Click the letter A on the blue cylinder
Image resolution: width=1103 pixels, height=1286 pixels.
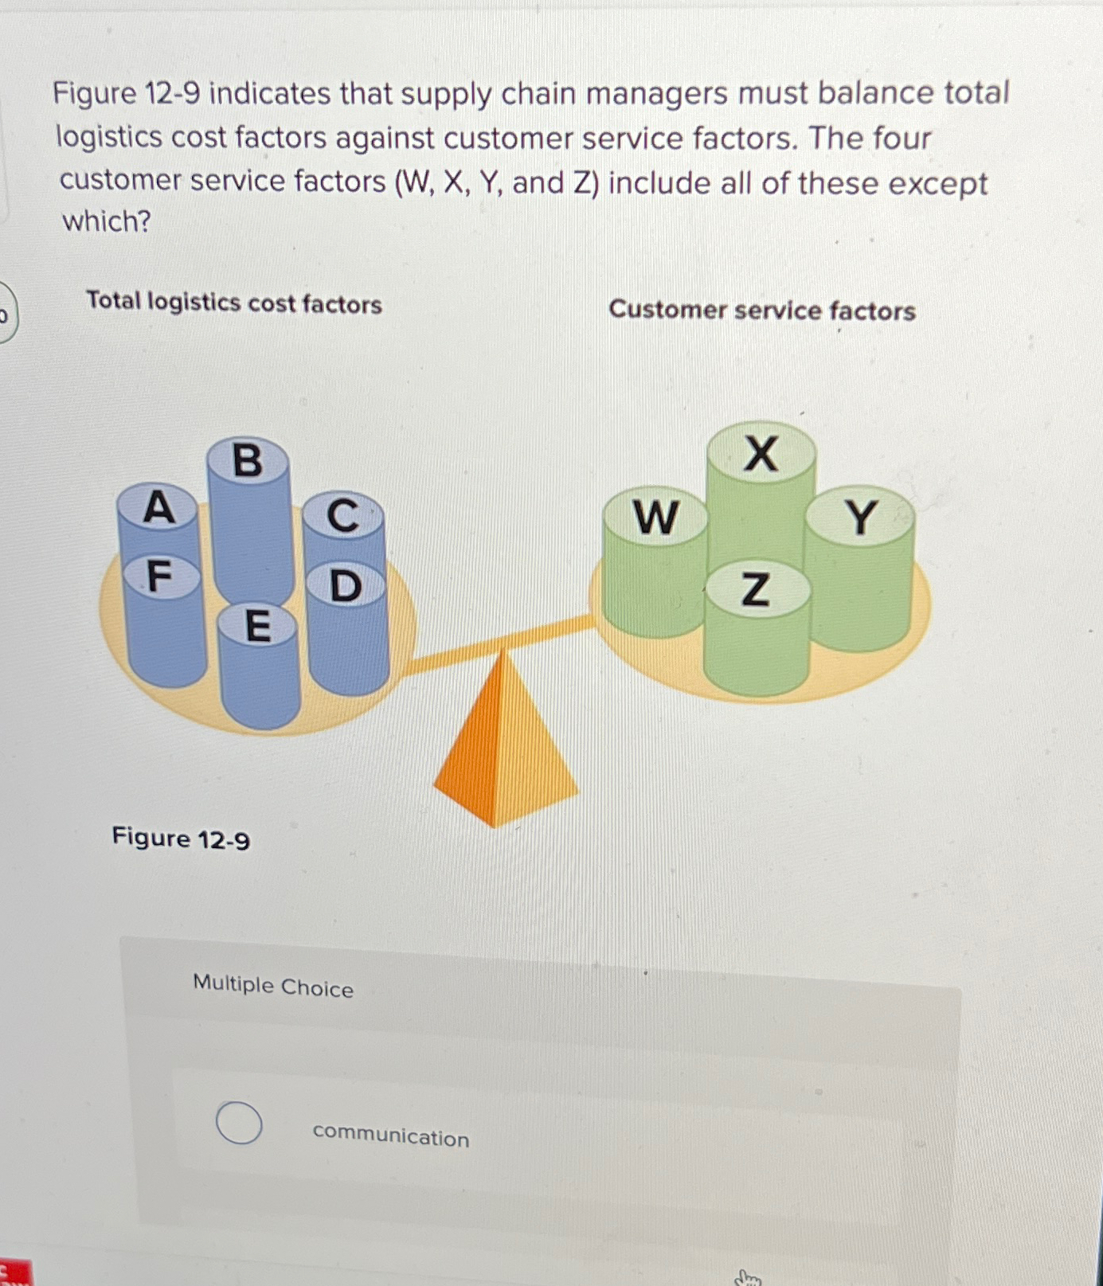158,508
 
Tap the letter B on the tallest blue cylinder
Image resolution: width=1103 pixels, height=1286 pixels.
247,461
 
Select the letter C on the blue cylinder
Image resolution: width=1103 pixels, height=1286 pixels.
343,516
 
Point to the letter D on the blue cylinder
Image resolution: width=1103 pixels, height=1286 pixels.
346,586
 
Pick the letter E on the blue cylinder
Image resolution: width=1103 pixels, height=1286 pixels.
257,626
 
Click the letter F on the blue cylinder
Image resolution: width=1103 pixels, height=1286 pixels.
160,577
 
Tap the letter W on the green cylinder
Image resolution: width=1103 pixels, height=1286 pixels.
655,518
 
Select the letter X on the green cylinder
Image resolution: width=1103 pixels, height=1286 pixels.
761,455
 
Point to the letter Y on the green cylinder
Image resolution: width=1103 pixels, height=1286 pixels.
861,518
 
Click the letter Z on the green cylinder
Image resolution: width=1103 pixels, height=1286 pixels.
756,590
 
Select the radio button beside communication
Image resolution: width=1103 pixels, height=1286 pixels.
239,1123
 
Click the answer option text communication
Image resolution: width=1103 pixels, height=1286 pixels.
391,1136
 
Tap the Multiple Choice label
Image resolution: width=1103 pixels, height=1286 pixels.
273,987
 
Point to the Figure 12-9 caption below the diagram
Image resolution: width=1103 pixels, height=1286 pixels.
181,838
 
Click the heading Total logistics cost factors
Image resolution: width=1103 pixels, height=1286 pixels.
234,303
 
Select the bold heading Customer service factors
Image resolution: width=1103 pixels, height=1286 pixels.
762,310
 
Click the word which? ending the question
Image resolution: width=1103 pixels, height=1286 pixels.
107,221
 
